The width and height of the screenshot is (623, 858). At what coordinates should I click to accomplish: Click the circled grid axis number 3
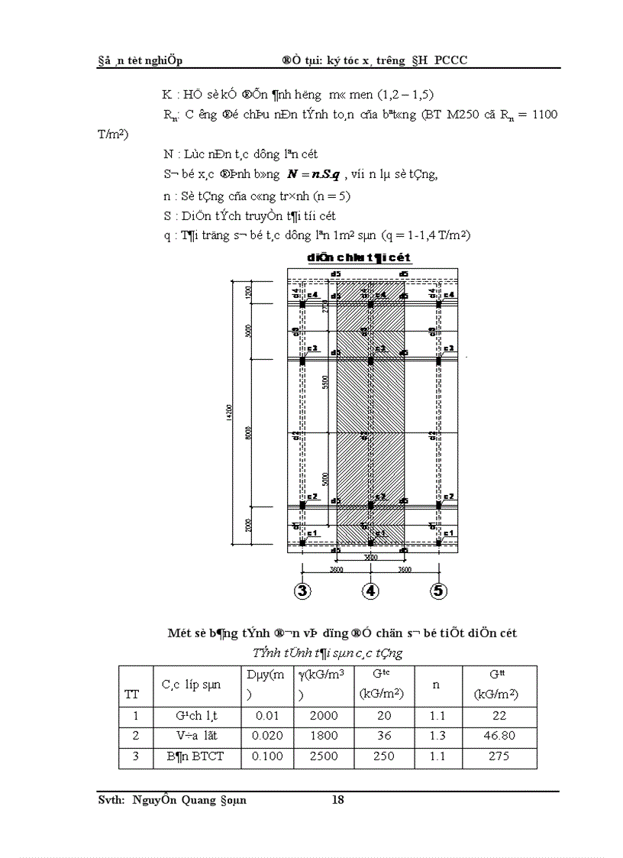pos(302,590)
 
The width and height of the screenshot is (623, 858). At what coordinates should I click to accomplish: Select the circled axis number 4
pos(370,590)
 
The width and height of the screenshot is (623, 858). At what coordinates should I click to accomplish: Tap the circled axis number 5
pos(438,590)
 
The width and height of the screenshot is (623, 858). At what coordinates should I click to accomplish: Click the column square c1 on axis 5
pos(438,542)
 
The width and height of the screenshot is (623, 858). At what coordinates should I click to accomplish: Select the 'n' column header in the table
pos(437,685)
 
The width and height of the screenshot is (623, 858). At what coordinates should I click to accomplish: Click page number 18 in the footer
pos(339,800)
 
